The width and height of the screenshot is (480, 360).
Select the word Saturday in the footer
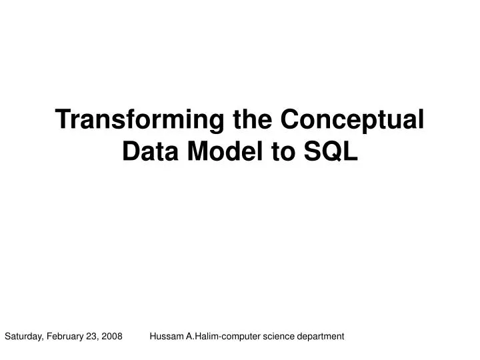(x=23, y=337)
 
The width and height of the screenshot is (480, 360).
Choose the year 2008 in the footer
(x=112, y=337)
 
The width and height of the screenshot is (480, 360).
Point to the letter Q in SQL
(x=331, y=153)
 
